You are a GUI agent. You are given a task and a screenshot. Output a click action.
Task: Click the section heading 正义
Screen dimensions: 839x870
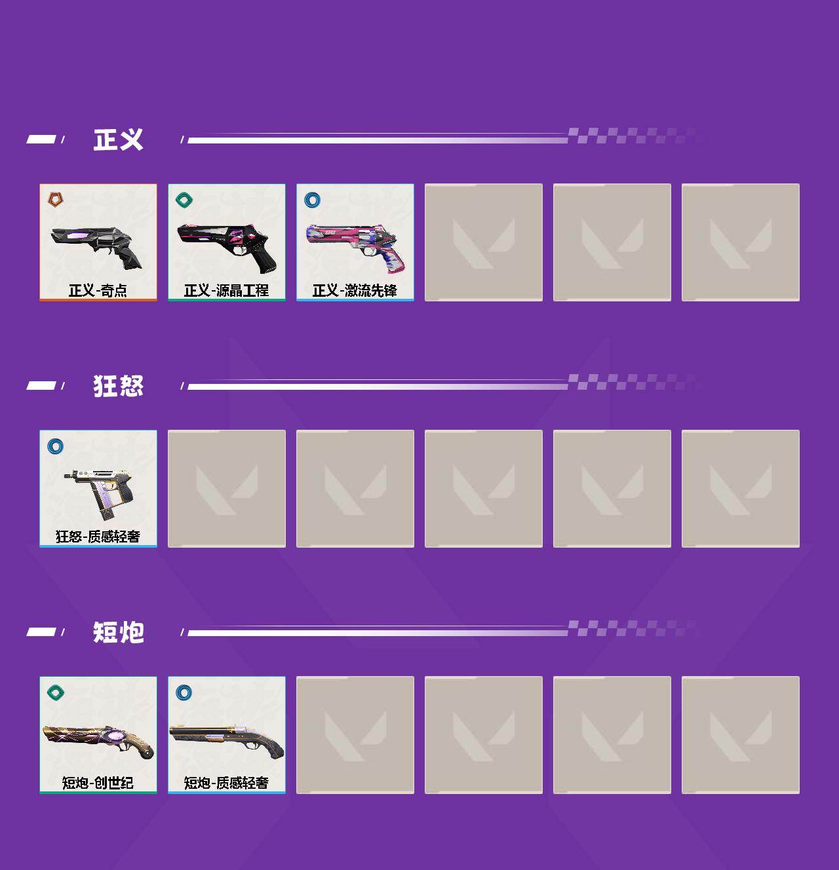tap(118, 140)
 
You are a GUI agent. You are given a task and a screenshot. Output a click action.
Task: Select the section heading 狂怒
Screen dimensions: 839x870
tap(118, 386)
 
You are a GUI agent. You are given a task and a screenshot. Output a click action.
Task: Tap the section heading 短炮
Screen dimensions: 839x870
tap(118, 632)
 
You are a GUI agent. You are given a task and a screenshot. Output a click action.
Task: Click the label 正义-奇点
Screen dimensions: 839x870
tap(98, 291)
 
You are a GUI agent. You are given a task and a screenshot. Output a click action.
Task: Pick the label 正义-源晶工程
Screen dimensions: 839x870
tap(226, 291)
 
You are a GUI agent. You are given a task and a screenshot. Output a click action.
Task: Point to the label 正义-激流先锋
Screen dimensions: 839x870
tap(355, 291)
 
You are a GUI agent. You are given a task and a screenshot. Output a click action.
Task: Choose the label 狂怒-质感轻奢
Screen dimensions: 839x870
tap(98, 537)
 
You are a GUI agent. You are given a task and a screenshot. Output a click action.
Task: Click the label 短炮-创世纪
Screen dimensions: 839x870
tap(98, 783)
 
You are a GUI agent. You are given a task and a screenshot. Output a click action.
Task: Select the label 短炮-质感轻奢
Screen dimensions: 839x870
tap(226, 783)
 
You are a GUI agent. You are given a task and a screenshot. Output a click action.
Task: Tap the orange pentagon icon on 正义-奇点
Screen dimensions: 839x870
tap(56, 199)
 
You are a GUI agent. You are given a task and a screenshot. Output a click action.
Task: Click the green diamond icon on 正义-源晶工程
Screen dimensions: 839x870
tap(184, 199)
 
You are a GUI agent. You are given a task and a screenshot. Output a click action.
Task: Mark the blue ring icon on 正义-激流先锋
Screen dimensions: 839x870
tap(312, 199)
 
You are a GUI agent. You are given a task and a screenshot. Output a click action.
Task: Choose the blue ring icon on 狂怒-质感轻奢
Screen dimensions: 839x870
tap(56, 445)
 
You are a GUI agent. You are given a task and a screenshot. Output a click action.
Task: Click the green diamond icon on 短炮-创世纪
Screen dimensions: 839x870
tap(56, 692)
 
